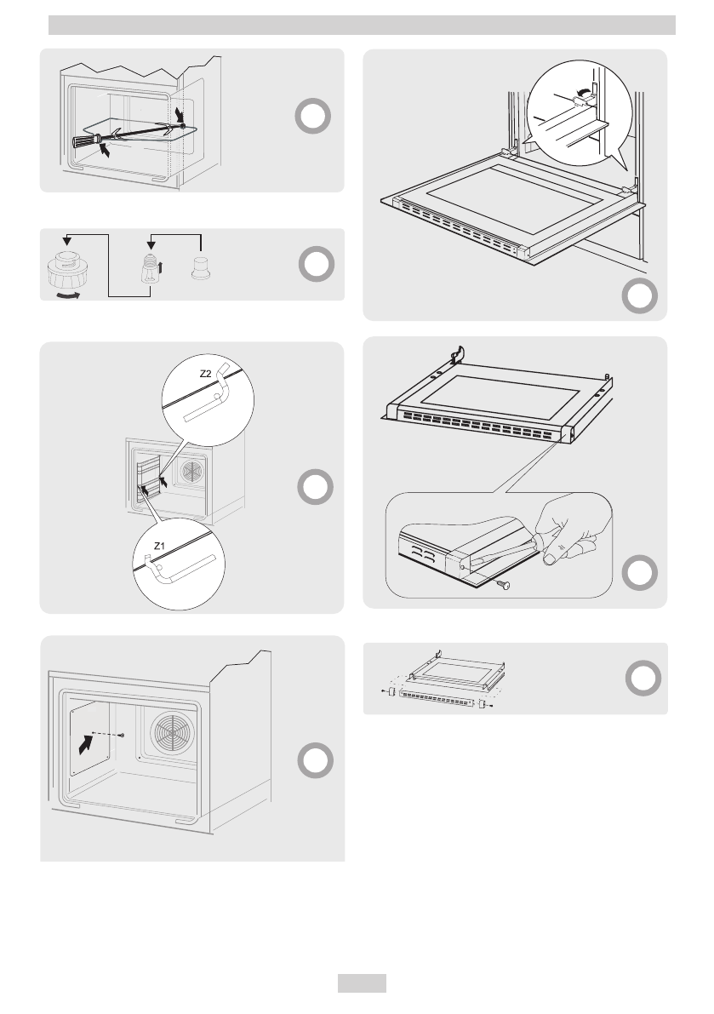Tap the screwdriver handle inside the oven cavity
tap(83, 140)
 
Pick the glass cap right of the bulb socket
tap(201, 266)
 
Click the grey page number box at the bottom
tap(362, 983)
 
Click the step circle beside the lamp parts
tap(315, 266)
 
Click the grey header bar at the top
tap(362, 26)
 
